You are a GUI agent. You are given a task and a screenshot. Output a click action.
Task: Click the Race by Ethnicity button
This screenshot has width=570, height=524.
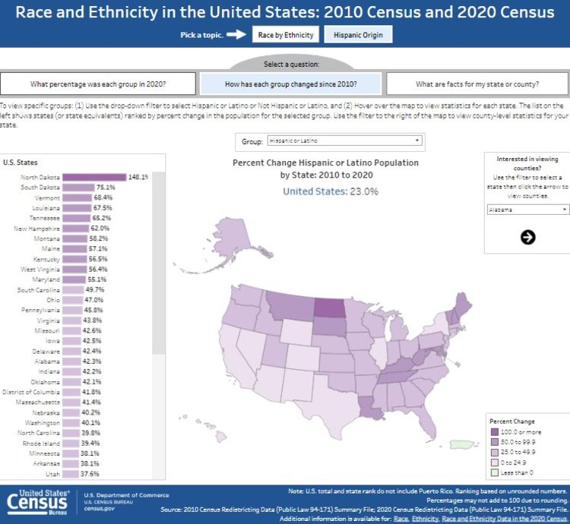click(285, 35)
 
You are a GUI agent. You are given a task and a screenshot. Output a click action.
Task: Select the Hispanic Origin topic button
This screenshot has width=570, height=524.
click(359, 35)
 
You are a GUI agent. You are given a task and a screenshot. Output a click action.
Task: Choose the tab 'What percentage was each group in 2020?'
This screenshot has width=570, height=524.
click(98, 84)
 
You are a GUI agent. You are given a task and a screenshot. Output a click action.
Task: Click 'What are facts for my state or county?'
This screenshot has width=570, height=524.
click(477, 84)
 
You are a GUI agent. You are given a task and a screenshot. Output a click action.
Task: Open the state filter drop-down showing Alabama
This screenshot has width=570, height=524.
click(527, 210)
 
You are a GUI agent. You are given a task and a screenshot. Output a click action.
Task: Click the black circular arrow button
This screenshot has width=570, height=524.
click(527, 237)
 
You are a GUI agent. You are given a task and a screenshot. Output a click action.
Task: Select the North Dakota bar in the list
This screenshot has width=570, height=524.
click(93, 177)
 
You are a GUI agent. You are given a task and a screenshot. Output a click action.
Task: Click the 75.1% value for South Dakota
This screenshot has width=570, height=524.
click(105, 188)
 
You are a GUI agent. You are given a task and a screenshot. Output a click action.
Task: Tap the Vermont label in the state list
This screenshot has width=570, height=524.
click(47, 197)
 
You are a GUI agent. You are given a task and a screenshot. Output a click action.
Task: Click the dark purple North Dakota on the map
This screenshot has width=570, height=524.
click(329, 309)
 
